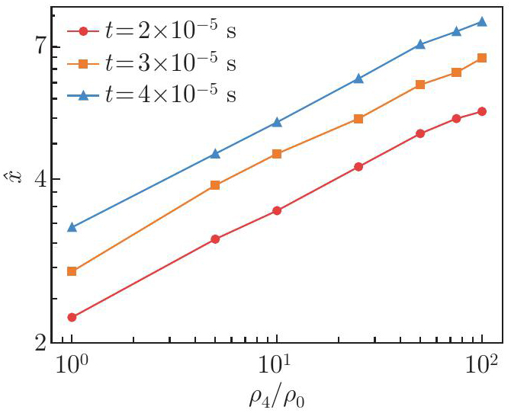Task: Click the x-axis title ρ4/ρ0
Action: click(278, 396)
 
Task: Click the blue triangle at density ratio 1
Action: click(72, 227)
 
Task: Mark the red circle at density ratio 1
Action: click(72, 317)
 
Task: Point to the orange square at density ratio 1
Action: click(72, 271)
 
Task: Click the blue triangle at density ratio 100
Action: click(482, 21)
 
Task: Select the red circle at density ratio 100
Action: click(482, 111)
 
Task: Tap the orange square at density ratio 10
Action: click(277, 154)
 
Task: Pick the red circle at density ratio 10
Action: click(277, 210)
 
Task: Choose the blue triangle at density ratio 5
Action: click(215, 154)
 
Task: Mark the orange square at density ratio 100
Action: click(482, 58)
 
